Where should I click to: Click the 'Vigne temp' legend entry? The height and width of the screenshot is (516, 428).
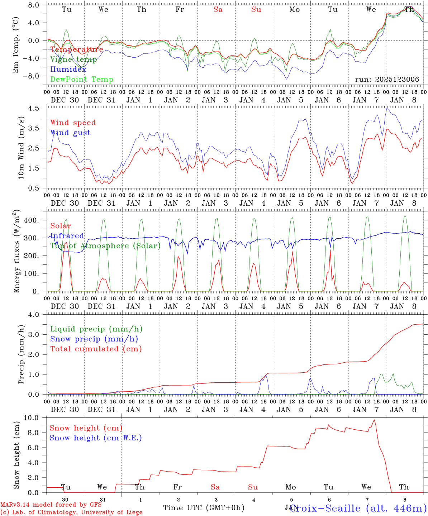click(73, 59)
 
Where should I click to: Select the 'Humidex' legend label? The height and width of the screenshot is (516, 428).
click(68, 70)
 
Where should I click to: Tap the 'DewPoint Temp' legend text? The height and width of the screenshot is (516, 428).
click(82, 80)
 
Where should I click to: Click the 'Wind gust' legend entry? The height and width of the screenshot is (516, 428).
click(70, 133)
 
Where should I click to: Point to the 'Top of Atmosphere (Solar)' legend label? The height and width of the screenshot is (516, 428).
click(105, 246)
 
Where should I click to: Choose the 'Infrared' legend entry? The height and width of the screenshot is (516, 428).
click(67, 236)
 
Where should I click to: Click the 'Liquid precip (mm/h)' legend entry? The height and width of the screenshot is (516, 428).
click(96, 329)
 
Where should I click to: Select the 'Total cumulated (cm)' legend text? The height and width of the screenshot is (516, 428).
click(96, 349)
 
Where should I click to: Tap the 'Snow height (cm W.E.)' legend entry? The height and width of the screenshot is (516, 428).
click(96, 438)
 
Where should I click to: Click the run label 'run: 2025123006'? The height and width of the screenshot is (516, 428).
click(387, 80)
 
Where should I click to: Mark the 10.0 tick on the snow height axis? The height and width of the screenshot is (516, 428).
click(35, 418)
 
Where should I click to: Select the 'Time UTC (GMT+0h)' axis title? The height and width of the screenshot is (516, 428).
click(204, 508)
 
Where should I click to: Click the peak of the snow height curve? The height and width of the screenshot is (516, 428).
click(374, 420)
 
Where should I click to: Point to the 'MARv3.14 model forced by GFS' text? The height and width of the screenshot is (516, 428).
click(51, 505)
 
